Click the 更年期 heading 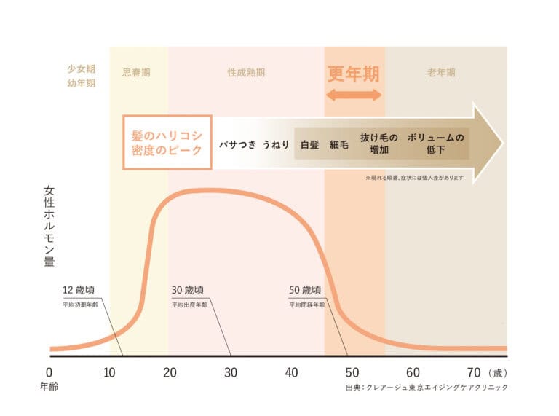click(x=354, y=74)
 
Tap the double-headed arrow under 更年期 click(x=354, y=95)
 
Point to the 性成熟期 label click(x=245, y=73)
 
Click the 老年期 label click(x=441, y=73)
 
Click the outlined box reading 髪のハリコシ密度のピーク click(x=167, y=143)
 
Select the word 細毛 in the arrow click(x=339, y=144)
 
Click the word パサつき click(x=238, y=144)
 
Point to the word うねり click(x=276, y=144)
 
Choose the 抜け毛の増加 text click(x=379, y=144)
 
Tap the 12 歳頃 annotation click(x=79, y=289)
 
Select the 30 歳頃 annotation click(x=188, y=289)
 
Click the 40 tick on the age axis click(x=291, y=372)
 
